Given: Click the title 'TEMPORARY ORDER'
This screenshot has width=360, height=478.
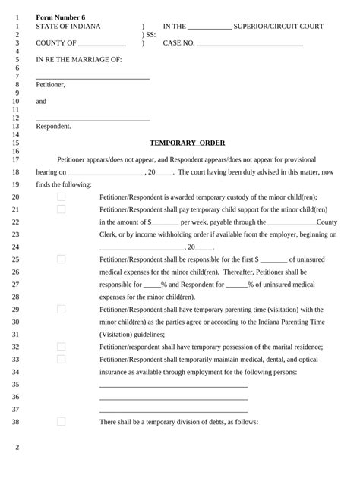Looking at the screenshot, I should [187, 143].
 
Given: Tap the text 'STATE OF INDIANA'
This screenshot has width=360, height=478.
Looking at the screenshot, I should [67, 26].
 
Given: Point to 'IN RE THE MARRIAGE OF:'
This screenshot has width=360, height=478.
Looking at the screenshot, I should [79, 59].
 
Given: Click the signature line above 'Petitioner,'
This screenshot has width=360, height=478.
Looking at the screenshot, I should [93, 78].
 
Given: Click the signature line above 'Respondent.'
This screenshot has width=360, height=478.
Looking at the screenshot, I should [93, 120].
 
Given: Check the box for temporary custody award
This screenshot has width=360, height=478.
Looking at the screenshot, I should [62, 197].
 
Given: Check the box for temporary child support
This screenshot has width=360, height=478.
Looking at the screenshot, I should [62, 209].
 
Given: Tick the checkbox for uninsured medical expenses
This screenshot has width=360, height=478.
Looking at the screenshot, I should [62, 259].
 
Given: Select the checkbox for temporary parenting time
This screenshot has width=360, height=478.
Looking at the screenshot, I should [62, 309].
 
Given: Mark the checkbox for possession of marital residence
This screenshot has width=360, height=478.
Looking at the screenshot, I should [62, 347].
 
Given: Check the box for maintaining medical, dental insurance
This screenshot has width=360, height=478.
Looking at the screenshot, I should [62, 359].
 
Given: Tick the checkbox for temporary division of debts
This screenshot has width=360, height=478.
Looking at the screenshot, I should [62, 422].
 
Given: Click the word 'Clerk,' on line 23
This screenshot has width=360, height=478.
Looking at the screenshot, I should [109, 234].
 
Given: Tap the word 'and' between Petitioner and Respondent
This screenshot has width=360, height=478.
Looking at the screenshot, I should [41, 101].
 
